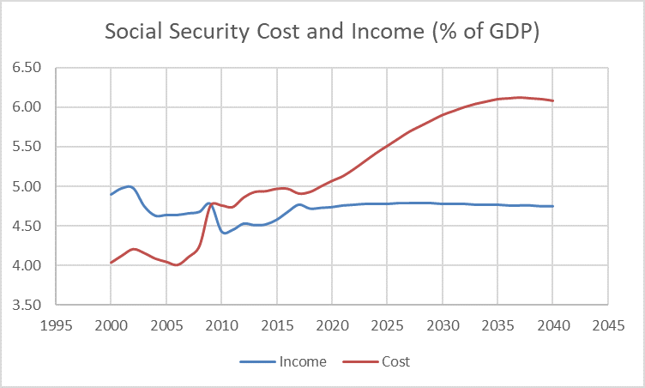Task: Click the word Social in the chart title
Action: (x=134, y=33)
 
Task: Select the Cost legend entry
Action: (x=396, y=361)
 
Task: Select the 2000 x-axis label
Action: (x=111, y=326)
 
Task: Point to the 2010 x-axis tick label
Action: (x=221, y=326)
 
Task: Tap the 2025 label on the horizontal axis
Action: (x=387, y=326)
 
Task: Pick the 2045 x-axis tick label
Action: (x=607, y=326)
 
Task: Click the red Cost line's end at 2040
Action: (x=552, y=100)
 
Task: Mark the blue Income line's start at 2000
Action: (x=111, y=194)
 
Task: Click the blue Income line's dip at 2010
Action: (x=223, y=232)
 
